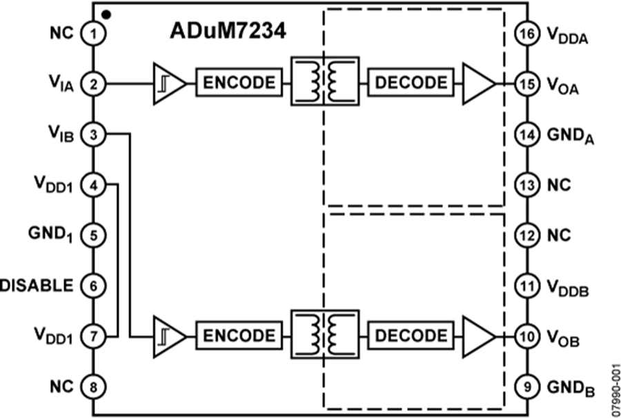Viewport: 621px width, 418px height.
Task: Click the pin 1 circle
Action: pyautogui.click(x=92, y=32)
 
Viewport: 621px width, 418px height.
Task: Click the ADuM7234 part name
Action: pyautogui.click(x=227, y=32)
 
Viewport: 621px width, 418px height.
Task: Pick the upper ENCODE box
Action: pyautogui.click(x=239, y=83)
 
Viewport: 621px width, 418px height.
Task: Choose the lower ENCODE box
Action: pyautogui.click(x=239, y=336)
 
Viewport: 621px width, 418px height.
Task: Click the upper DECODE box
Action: pyautogui.click(x=411, y=83)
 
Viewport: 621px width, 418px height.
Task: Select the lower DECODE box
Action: pyautogui.click(x=411, y=336)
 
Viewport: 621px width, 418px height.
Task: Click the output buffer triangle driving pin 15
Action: pyautogui.click(x=479, y=83)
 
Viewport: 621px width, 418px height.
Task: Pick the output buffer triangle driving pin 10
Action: pyautogui.click(x=479, y=336)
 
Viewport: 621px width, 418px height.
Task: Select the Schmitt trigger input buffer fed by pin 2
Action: pyautogui.click(x=168, y=83)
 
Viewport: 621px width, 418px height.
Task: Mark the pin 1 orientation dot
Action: pyautogui.click(x=105, y=13)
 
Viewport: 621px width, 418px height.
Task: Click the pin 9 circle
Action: pyautogui.click(x=526, y=387)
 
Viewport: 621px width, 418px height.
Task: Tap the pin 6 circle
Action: pyautogui.click(x=92, y=285)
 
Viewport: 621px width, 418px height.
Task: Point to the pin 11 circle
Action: pyautogui.click(x=526, y=286)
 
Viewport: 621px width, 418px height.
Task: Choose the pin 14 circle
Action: pyautogui.click(x=526, y=135)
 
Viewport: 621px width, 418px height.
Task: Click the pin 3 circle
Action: pyautogui.click(x=92, y=135)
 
